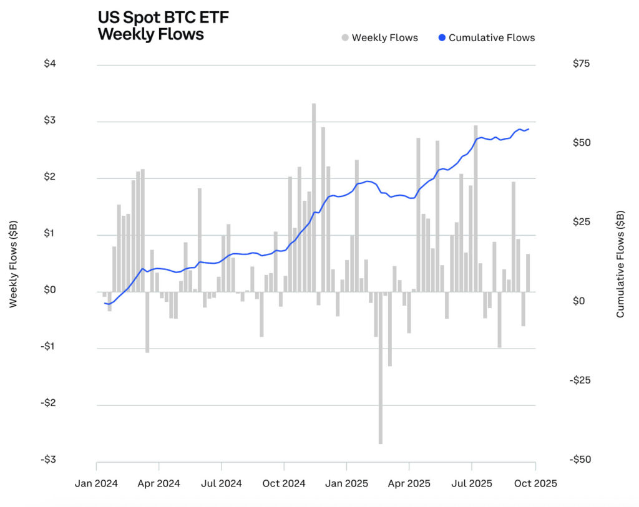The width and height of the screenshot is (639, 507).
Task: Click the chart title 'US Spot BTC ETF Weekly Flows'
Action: point(163,26)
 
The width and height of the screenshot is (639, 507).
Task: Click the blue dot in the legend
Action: point(442,37)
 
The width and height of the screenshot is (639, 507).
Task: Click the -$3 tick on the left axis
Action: point(50,460)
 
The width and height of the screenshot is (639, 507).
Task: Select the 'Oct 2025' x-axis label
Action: point(535,483)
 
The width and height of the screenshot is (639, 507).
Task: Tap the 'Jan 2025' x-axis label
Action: point(347,483)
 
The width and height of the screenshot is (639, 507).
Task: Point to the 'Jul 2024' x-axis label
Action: point(222,483)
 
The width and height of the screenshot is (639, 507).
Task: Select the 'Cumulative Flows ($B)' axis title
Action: point(620,264)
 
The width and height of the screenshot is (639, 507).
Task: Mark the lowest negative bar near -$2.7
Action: point(380,368)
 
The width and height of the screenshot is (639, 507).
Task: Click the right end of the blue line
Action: point(529,129)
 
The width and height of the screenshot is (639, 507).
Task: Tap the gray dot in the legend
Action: point(344,37)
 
